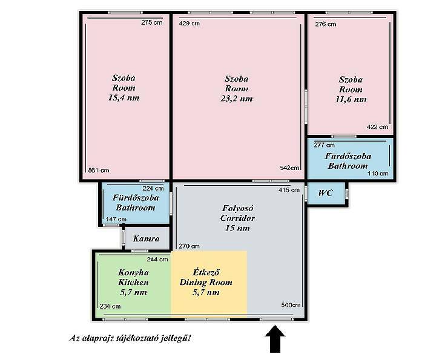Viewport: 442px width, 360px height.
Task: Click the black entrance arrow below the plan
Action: pyautogui.click(x=275, y=339)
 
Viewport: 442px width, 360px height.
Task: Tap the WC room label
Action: pyautogui.click(x=326, y=193)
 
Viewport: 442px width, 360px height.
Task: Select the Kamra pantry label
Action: pyautogui.click(x=147, y=238)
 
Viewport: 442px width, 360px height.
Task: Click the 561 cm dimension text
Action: pyautogui.click(x=99, y=170)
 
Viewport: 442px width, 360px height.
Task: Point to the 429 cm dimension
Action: pyautogui.click(x=190, y=24)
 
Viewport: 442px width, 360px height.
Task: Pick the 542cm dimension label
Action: pyautogui.click(x=289, y=168)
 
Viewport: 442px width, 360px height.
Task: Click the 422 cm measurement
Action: pyautogui.click(x=377, y=127)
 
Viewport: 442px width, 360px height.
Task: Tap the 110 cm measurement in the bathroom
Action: pyautogui.click(x=378, y=174)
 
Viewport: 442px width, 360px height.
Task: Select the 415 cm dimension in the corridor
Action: pyautogui.click(x=289, y=190)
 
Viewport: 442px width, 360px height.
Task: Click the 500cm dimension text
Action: pyautogui.click(x=291, y=305)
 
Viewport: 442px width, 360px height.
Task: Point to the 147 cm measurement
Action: pyautogui.click(x=116, y=220)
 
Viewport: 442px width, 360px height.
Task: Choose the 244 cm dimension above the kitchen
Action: pyautogui.click(x=157, y=260)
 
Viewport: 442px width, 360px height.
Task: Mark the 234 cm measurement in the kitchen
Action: pyautogui.click(x=110, y=307)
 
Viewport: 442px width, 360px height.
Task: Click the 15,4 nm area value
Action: pyautogui.click(x=124, y=98)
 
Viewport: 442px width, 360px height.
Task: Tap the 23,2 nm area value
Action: pyautogui.click(x=237, y=99)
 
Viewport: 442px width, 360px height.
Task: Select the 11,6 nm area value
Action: pyautogui.click(x=351, y=99)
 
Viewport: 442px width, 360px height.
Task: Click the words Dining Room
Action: pyautogui.click(x=206, y=283)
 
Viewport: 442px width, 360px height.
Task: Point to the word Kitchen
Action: pyautogui.click(x=133, y=283)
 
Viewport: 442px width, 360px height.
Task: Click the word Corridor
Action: pyautogui.click(x=237, y=218)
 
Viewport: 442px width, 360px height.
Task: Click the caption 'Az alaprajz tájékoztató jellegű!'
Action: pyautogui.click(x=130, y=338)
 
